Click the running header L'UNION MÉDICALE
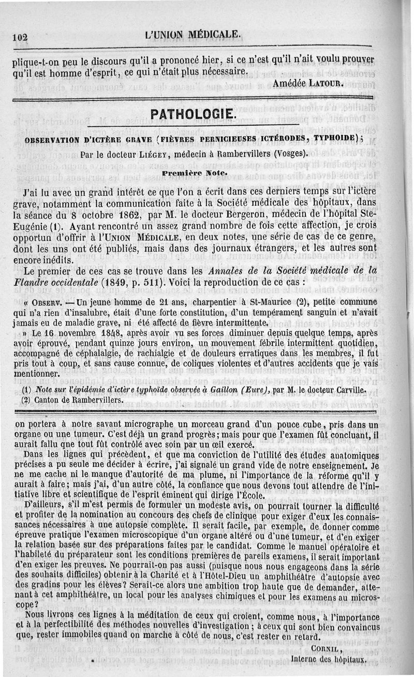click(x=193, y=35)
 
